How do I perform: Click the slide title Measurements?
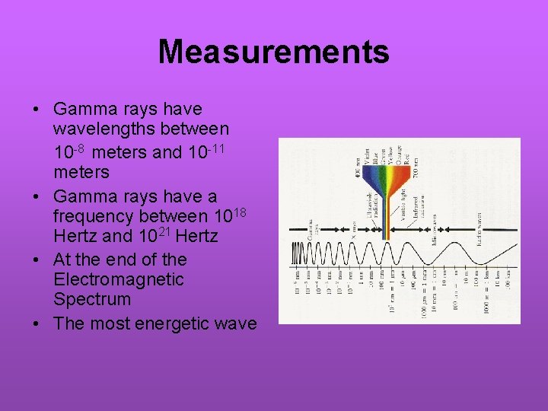click(x=273, y=52)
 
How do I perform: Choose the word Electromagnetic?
click(x=119, y=280)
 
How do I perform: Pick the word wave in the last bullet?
click(x=237, y=323)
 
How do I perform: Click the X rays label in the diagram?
click(x=352, y=228)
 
